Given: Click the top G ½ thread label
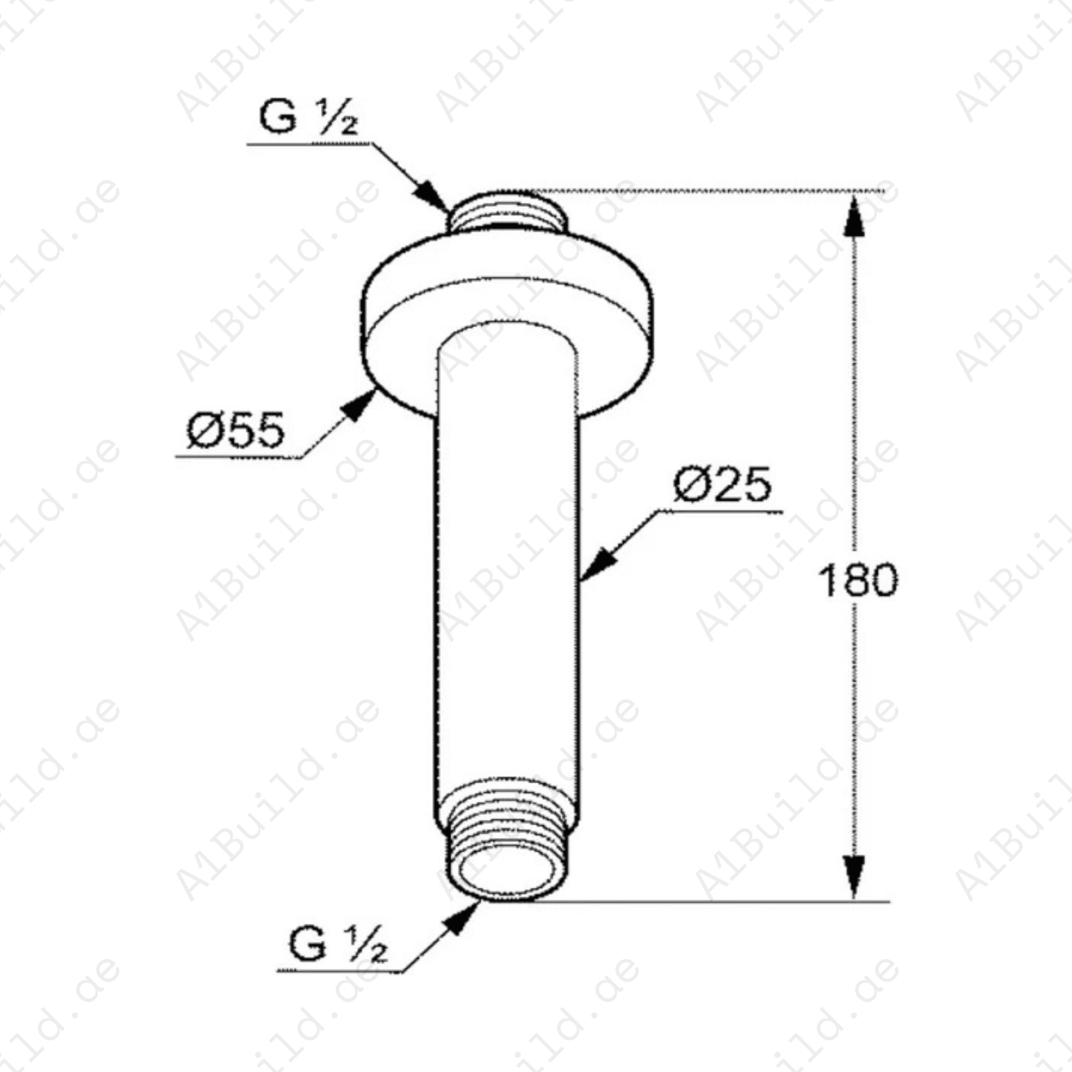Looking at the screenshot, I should (308, 117).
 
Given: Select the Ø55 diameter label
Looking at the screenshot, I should (236, 431).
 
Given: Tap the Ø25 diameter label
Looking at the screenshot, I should (722, 485).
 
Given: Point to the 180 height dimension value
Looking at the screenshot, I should (858, 581).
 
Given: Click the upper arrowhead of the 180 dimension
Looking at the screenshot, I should (855, 217).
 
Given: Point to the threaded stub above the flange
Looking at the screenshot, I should (506, 213).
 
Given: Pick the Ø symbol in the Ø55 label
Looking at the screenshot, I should (204, 431).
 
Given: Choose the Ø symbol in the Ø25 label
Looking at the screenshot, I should (691, 485).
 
